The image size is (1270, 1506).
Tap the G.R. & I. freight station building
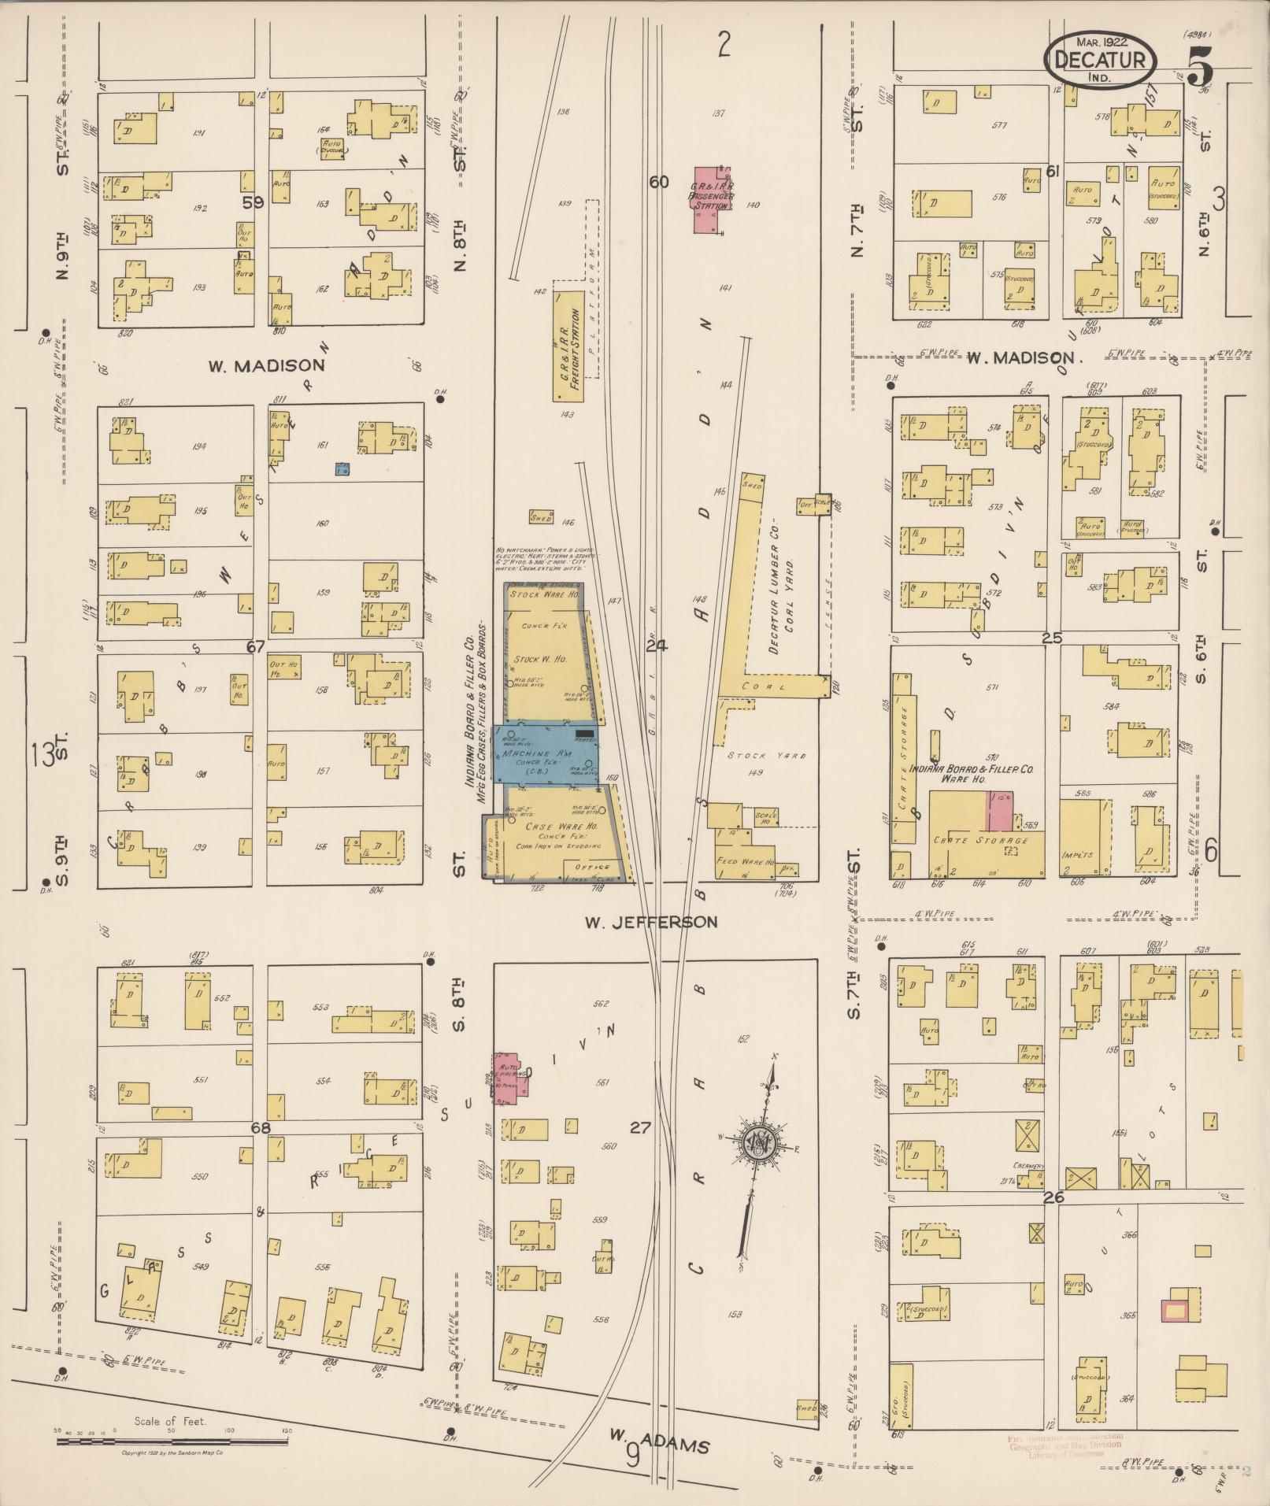click(x=568, y=344)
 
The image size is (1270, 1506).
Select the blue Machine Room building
click(x=545, y=754)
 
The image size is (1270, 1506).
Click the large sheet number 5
click(x=1200, y=65)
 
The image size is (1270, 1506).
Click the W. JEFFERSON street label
click(x=650, y=921)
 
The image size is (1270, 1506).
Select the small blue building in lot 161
click(x=342, y=468)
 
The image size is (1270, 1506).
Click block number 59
click(x=253, y=202)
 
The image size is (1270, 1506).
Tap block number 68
click(x=261, y=1128)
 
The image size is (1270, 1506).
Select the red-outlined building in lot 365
click(x=1175, y=1309)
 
